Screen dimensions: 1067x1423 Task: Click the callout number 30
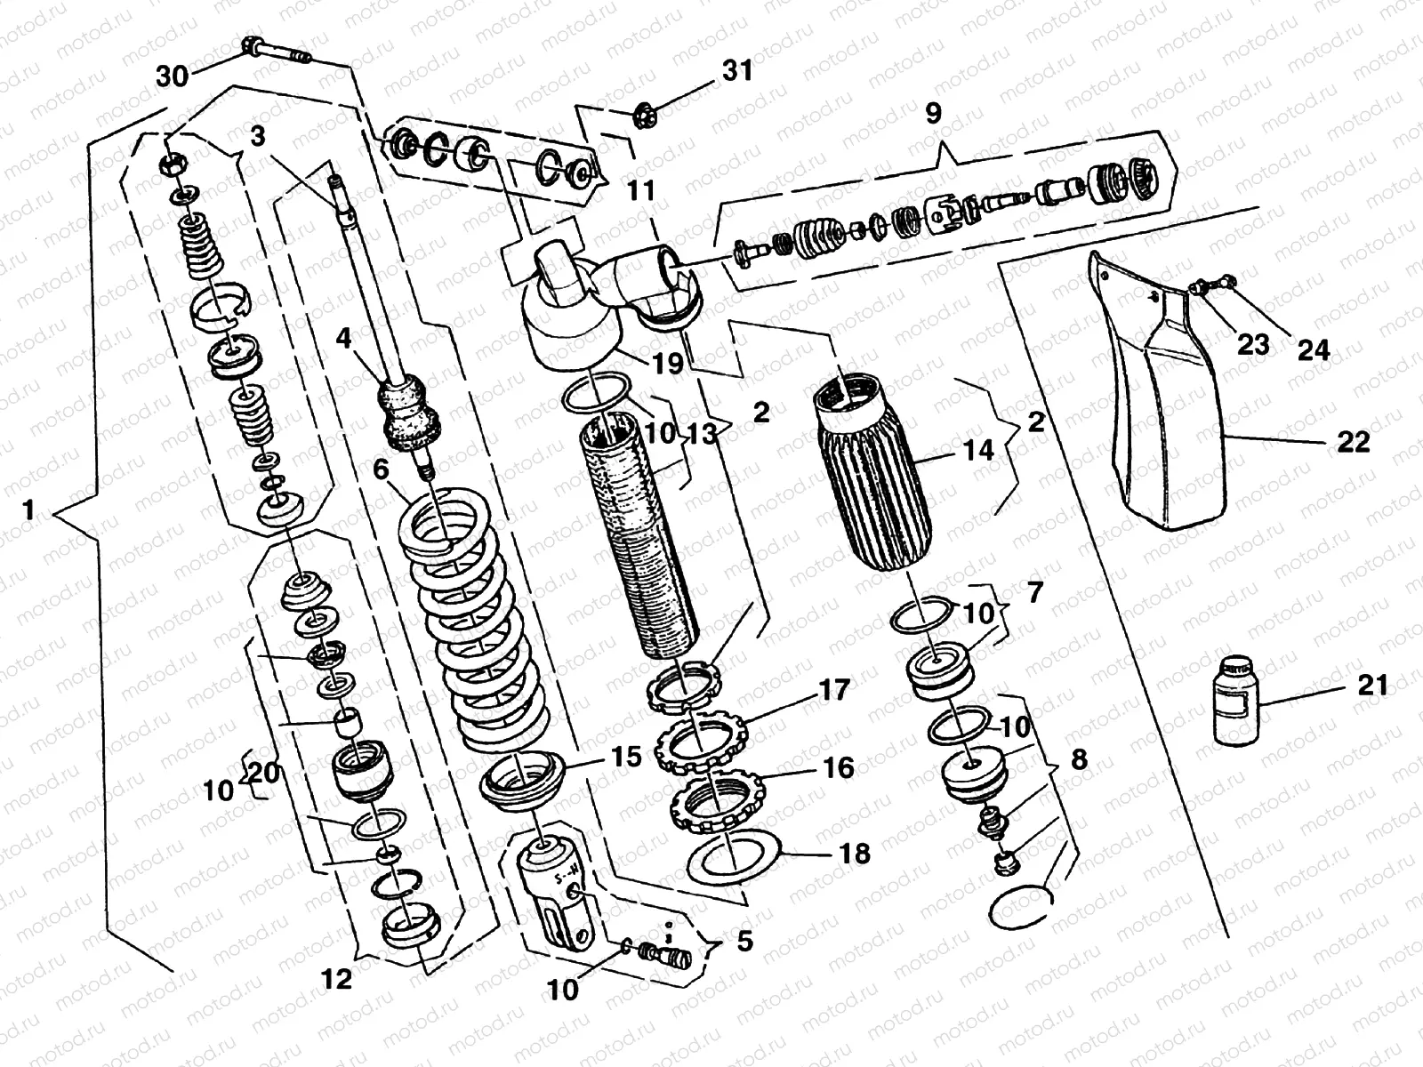173,77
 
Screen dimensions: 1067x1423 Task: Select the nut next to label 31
643,115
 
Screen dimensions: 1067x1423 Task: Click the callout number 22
1353,441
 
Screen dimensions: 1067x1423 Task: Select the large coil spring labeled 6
480,622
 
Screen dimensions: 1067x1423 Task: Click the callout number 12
337,980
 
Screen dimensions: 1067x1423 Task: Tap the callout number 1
28,510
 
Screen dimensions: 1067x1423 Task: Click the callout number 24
1312,350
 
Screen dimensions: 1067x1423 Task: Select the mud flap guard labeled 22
1183,409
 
